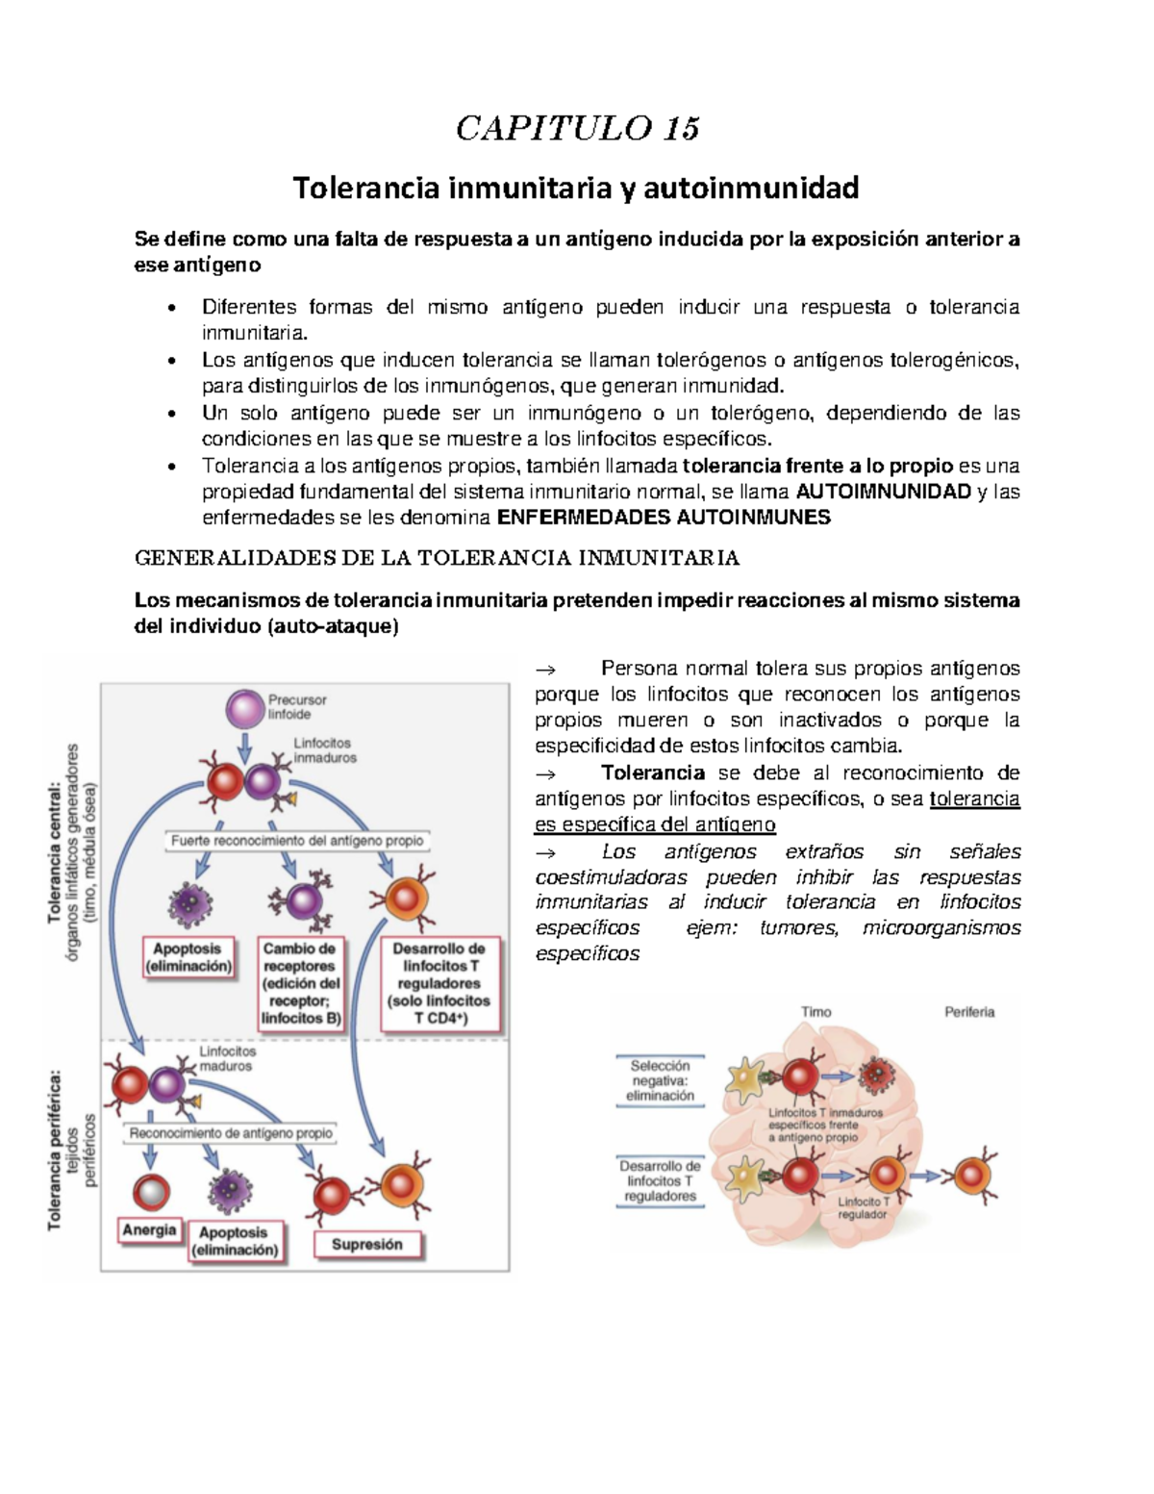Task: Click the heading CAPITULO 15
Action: coord(577,128)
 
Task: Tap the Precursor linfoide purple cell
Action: coord(244,709)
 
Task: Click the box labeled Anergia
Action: coord(149,1230)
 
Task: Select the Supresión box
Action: coord(367,1245)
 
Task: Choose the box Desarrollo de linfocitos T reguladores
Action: coord(439,983)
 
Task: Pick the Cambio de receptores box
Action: coord(299,983)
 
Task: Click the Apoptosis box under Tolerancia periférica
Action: coord(234,1241)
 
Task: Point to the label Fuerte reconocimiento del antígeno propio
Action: coord(297,841)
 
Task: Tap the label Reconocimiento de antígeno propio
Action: coord(231,1133)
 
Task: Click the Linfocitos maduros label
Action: coord(228,1058)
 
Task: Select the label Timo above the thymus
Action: coord(816,1012)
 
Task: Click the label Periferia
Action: coord(969,1012)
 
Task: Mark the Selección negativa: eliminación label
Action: coord(660,1080)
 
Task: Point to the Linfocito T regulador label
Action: coord(863,1208)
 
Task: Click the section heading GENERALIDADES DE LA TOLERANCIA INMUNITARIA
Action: coord(437,558)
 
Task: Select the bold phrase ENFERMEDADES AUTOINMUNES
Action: coord(663,518)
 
